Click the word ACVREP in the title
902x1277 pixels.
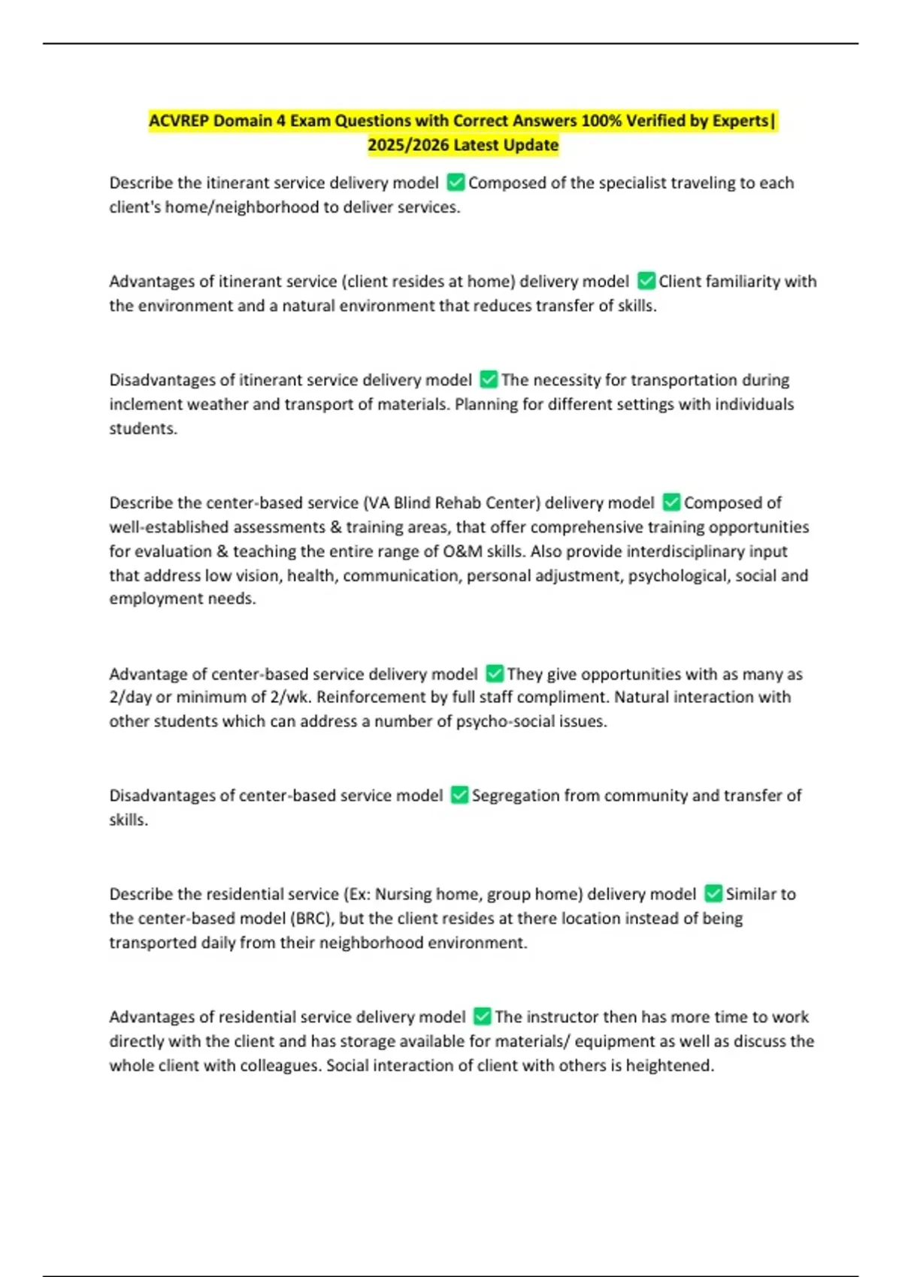pyautogui.click(x=178, y=121)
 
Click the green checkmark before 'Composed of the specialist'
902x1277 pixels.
pyautogui.click(x=455, y=183)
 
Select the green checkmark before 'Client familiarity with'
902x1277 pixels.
pyautogui.click(x=646, y=281)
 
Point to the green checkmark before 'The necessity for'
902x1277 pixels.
pyautogui.click(x=489, y=379)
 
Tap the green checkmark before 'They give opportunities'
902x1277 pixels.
pyautogui.click(x=494, y=674)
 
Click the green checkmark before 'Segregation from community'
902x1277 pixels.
pyautogui.click(x=459, y=795)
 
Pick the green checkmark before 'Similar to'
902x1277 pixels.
pyautogui.click(x=713, y=894)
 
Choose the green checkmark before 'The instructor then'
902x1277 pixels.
pyautogui.click(x=482, y=1016)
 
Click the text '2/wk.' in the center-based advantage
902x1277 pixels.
pyautogui.click(x=292, y=697)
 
